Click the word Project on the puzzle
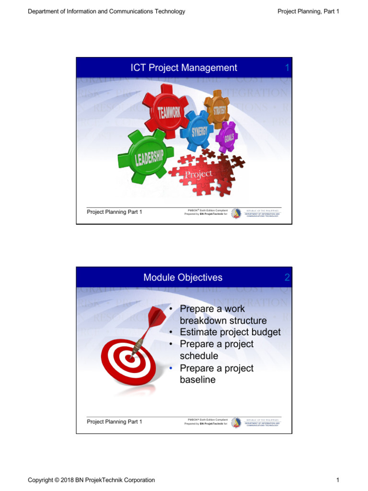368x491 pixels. click(198, 174)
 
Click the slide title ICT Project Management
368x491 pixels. click(184, 68)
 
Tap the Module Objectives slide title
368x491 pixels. click(183, 278)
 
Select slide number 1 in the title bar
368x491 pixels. click(287, 68)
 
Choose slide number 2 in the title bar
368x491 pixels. click(287, 278)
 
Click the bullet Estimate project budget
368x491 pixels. click(230, 332)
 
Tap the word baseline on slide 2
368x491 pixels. click(197, 380)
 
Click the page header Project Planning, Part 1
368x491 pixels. click(308, 12)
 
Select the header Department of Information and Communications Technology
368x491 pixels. click(106, 12)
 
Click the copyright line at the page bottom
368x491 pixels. click(92, 480)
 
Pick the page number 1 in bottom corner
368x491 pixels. click(337, 480)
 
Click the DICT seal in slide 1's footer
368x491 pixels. click(236, 213)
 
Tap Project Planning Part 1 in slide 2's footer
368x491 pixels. click(114, 422)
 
